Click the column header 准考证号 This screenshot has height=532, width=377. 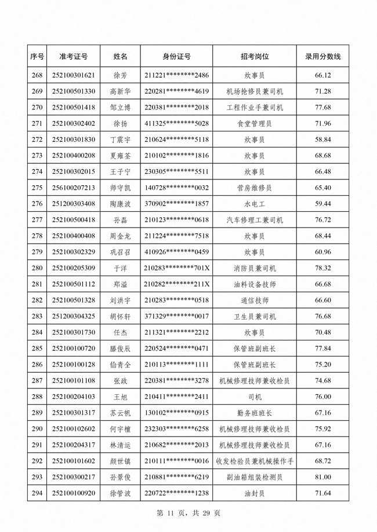coord(74,57)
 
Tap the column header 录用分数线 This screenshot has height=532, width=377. coord(322,57)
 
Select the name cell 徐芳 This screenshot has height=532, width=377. coord(120,75)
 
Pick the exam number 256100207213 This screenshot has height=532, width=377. coord(74,188)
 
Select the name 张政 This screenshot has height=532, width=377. coord(120,380)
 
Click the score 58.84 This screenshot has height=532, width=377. coord(322,140)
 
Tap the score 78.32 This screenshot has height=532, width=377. coord(322,268)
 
